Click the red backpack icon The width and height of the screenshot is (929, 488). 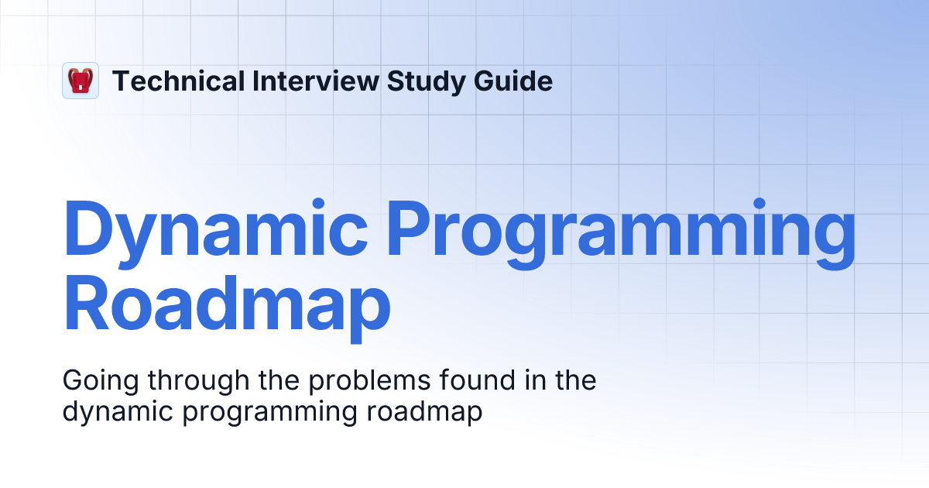81,81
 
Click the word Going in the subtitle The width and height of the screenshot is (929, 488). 97,382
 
